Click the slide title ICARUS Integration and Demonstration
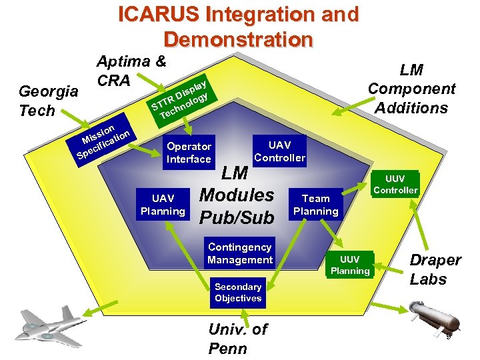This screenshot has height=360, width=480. coord(238,26)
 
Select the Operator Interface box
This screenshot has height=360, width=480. coord(189,153)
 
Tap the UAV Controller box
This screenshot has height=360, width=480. coord(279,151)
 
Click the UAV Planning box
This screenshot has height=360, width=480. coord(163,205)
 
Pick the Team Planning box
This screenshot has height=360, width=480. coord(316,205)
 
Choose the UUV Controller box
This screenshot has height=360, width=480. coord(395,184)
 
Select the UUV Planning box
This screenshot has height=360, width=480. coord(350,265)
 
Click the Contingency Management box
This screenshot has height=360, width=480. coord(240,253)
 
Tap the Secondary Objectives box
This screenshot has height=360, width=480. coord(238,293)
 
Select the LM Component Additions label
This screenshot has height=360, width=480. coord(411,89)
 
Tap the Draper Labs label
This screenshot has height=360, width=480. coord(435,269)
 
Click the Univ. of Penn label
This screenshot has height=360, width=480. coord(238,338)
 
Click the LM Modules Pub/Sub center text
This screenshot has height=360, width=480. coord(237,195)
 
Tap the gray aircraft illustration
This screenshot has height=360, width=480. coord(51,324)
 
